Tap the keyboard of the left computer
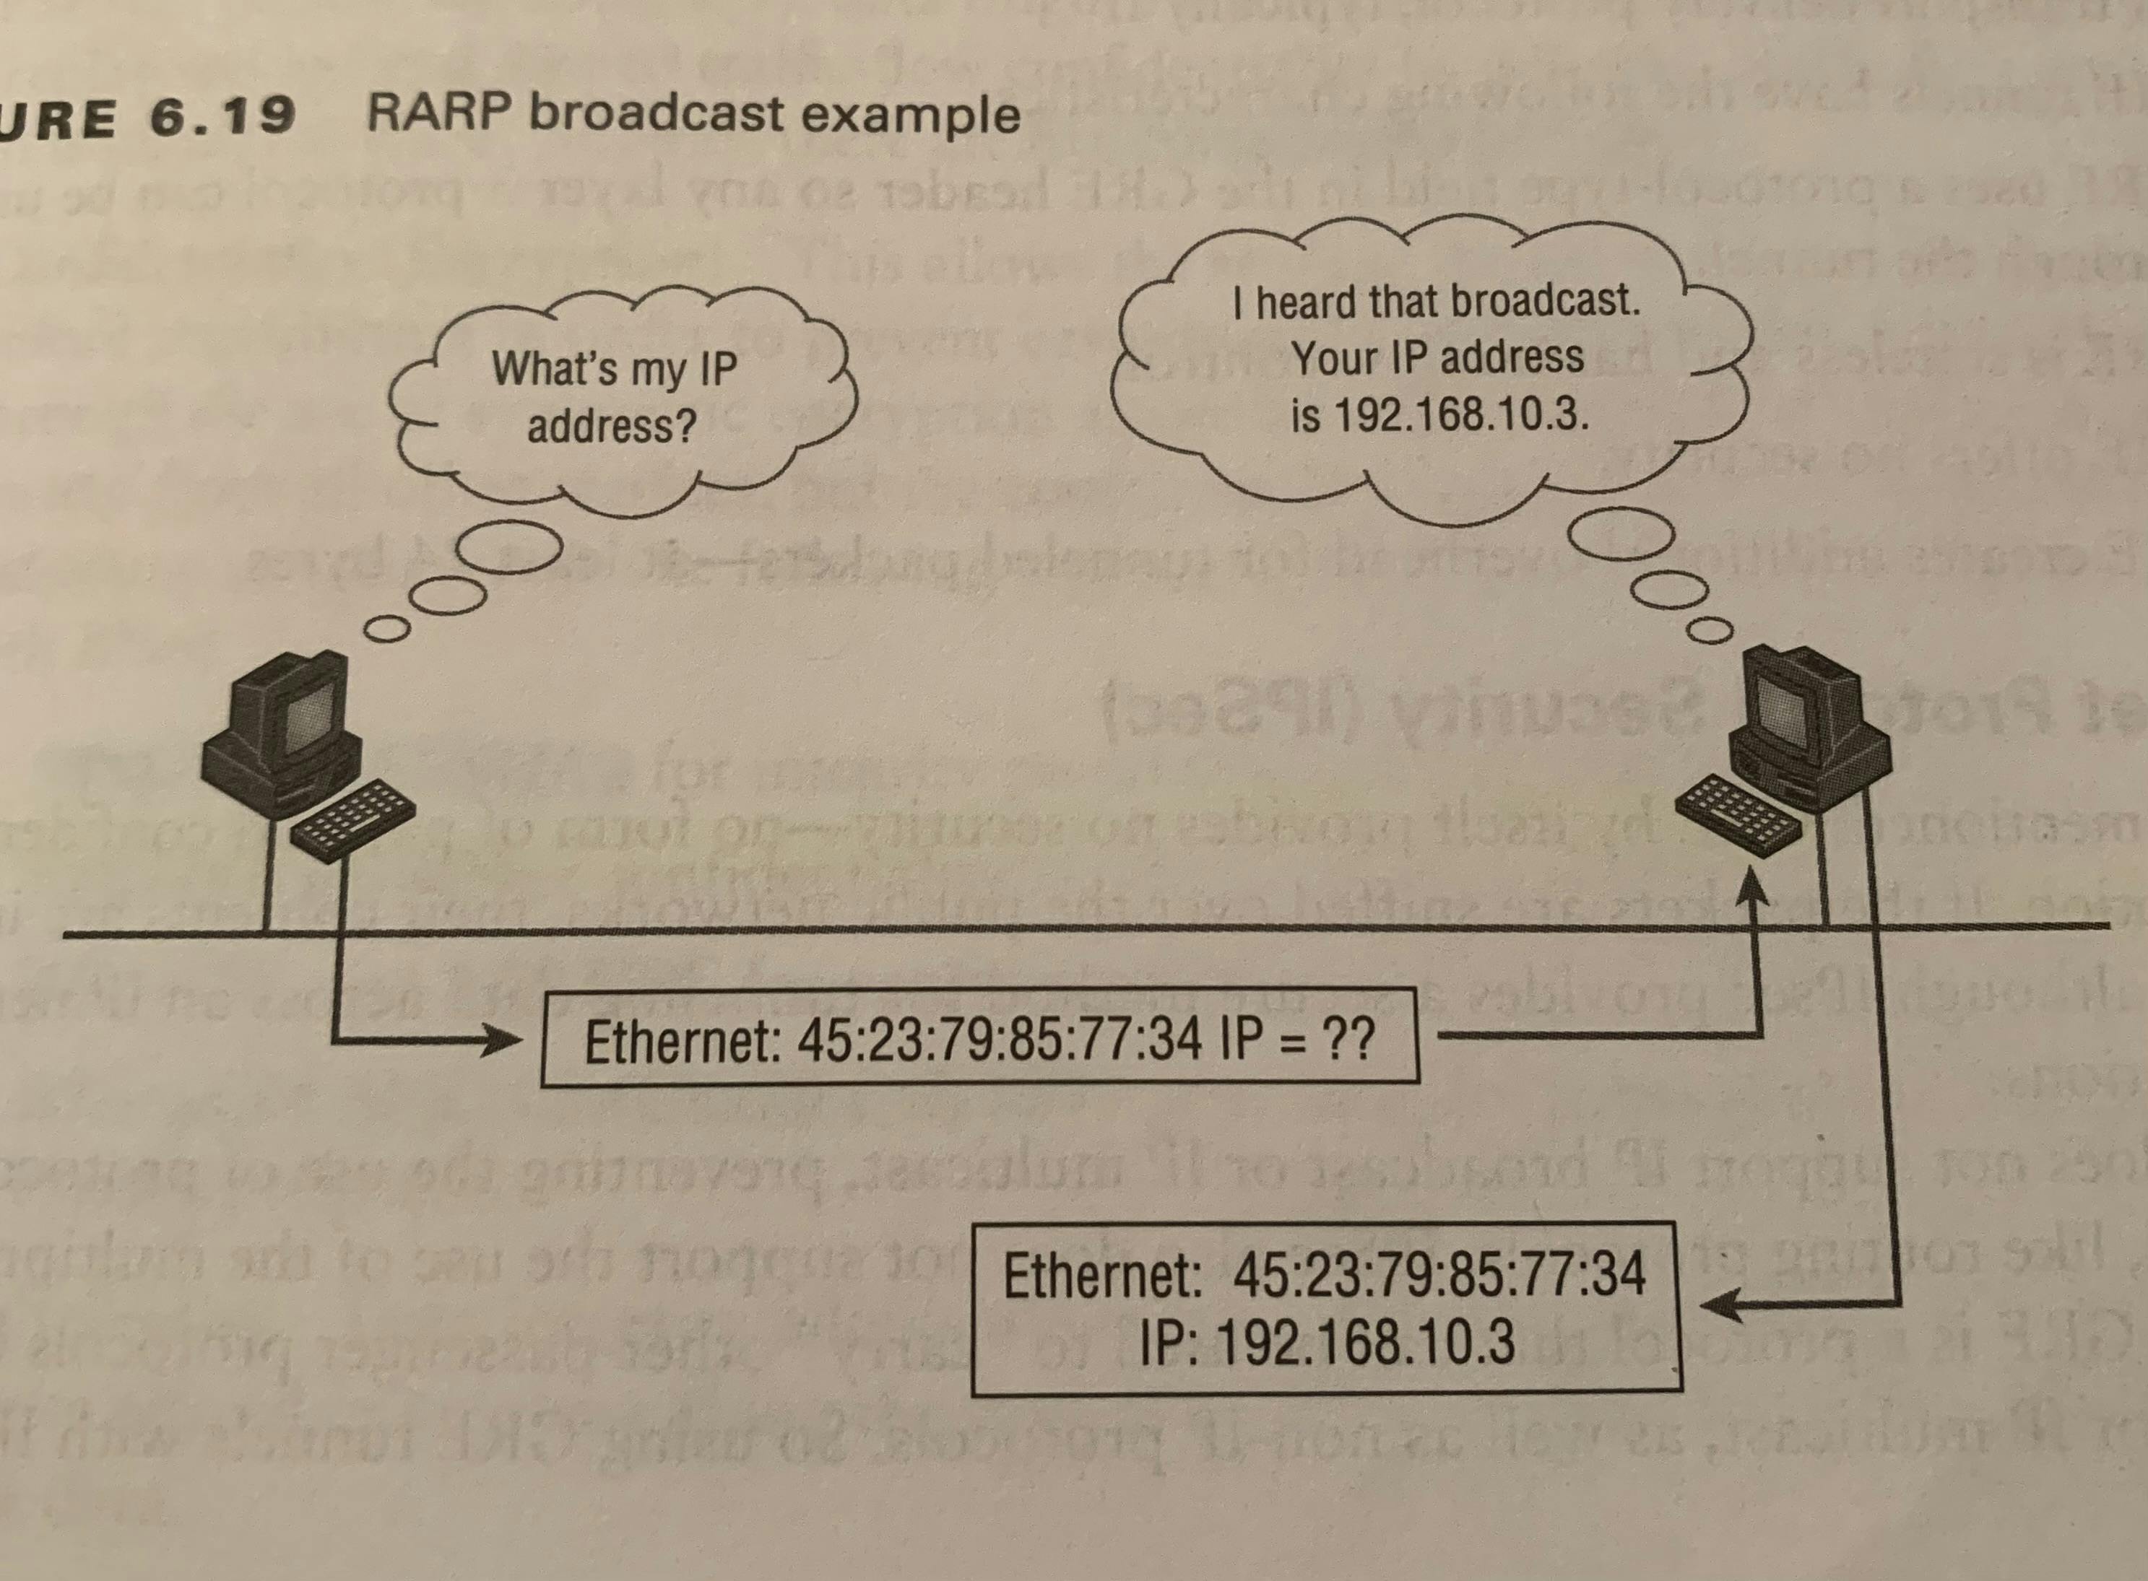pyautogui.click(x=352, y=821)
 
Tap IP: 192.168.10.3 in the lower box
pyautogui.click(x=1329, y=1342)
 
